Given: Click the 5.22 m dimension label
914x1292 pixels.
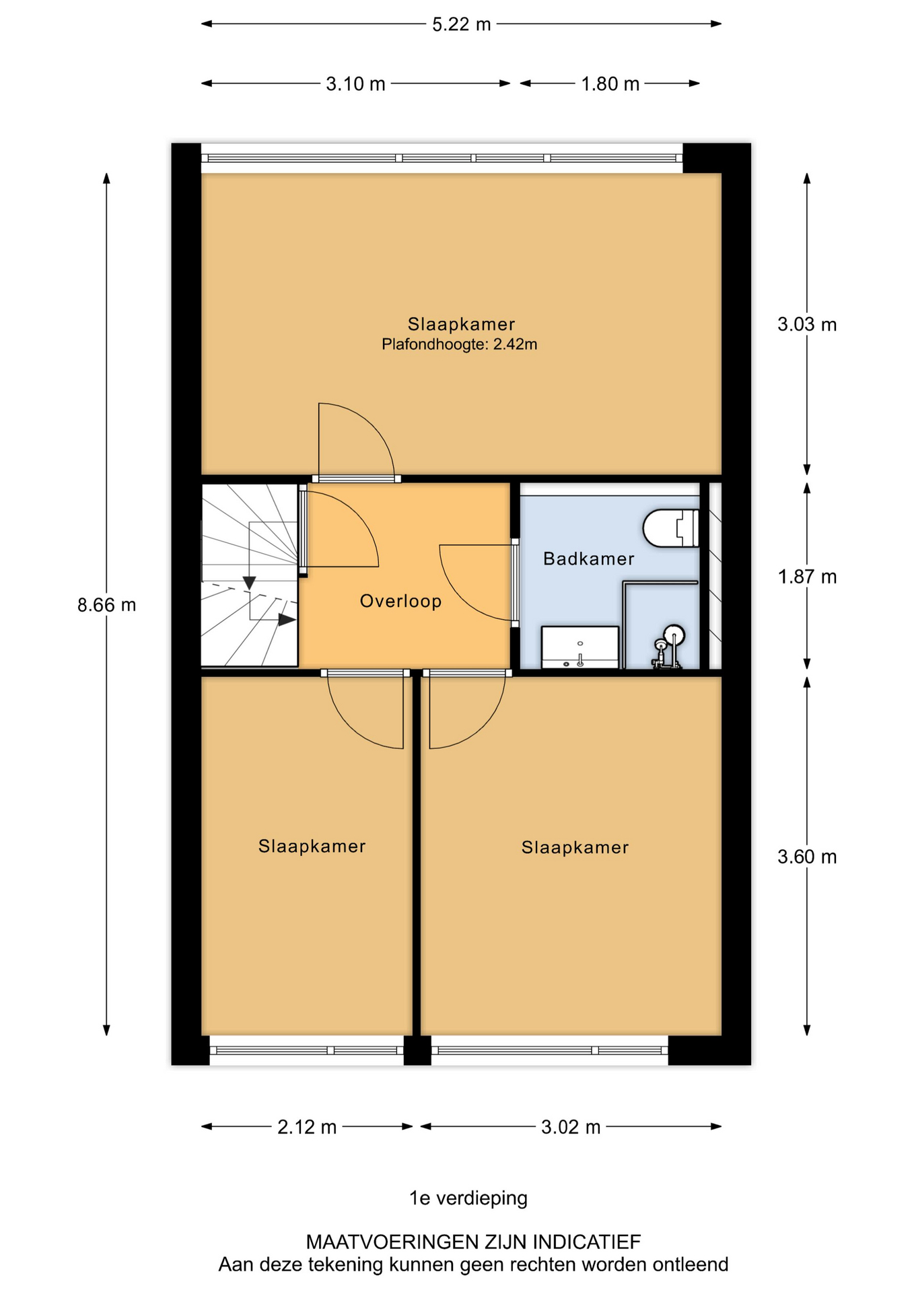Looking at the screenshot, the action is click(462, 25).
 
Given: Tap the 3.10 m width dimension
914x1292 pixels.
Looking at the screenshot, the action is click(355, 84).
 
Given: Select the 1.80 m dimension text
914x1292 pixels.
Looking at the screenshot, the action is click(610, 84).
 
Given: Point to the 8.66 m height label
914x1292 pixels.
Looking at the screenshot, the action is click(106, 605).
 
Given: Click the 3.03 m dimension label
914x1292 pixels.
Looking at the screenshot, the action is click(807, 324).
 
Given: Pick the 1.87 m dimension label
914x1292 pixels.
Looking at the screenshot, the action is click(807, 577).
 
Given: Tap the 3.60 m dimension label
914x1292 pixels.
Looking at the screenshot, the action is click(807, 857).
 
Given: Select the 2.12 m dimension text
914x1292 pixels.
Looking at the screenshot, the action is click(307, 1126).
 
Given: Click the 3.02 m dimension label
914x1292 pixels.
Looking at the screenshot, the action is click(571, 1126).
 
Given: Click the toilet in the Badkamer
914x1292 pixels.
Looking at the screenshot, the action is click(671, 528).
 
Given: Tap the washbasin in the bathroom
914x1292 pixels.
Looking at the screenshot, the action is click(579, 647).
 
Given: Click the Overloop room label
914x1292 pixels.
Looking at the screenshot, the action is click(400, 601).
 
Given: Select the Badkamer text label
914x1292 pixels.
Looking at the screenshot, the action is click(588, 559).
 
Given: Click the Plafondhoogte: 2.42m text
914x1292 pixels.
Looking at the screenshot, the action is click(459, 345).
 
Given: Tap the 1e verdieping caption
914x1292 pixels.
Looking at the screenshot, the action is click(468, 1198).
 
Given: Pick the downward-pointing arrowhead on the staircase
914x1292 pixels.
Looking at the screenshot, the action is click(250, 583).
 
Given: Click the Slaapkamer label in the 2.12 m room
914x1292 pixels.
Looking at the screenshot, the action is click(312, 847).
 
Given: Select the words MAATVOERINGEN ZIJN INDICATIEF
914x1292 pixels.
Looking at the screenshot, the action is click(473, 1242).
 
